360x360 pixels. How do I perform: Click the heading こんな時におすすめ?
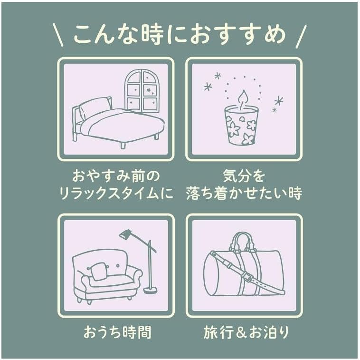click(x=180, y=35)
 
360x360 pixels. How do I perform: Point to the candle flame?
click(x=243, y=99)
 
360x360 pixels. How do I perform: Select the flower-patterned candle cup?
click(x=241, y=126)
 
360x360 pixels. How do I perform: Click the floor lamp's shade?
click(x=125, y=234)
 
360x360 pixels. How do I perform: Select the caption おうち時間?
click(x=117, y=332)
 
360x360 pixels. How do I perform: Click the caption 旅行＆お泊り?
click(x=246, y=332)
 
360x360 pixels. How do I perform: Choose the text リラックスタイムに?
click(x=116, y=193)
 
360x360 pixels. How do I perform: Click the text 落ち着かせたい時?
click(x=244, y=193)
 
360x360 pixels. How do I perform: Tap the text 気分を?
click(x=244, y=176)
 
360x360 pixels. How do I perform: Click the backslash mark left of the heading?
click(x=58, y=35)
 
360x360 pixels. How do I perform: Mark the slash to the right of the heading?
click(x=301, y=36)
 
